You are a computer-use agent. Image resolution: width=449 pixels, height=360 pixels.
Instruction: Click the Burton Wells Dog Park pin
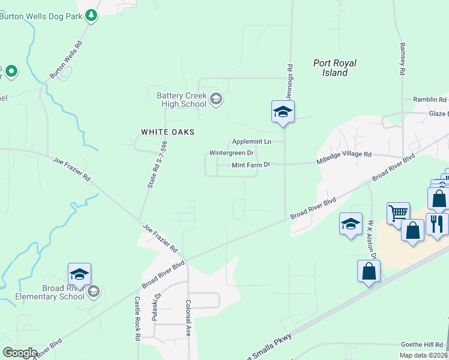coord(91,15)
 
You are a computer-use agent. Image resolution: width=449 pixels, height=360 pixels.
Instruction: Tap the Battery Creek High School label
coord(181,100)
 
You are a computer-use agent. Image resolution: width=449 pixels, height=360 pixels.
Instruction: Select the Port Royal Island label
coord(335,68)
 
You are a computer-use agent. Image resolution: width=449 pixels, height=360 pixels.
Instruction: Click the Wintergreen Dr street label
coord(231,153)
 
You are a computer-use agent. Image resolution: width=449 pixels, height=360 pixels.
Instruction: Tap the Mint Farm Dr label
coord(251,164)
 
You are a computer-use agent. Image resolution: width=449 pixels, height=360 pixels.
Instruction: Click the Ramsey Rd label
coord(401,59)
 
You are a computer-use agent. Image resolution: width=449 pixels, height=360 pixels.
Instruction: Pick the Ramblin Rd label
coord(430,100)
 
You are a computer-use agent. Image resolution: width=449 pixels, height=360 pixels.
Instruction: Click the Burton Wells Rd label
coord(65,60)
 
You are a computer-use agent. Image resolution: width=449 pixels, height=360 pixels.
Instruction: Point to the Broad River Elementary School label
coord(47,292)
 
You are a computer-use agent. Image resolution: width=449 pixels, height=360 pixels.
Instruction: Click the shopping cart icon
coord(398,212)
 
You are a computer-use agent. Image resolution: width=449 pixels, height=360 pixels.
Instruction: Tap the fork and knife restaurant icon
coord(436,224)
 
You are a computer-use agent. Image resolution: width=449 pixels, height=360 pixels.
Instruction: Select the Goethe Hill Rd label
coord(423,345)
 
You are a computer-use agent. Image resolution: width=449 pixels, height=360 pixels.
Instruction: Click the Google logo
coord(20,353)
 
